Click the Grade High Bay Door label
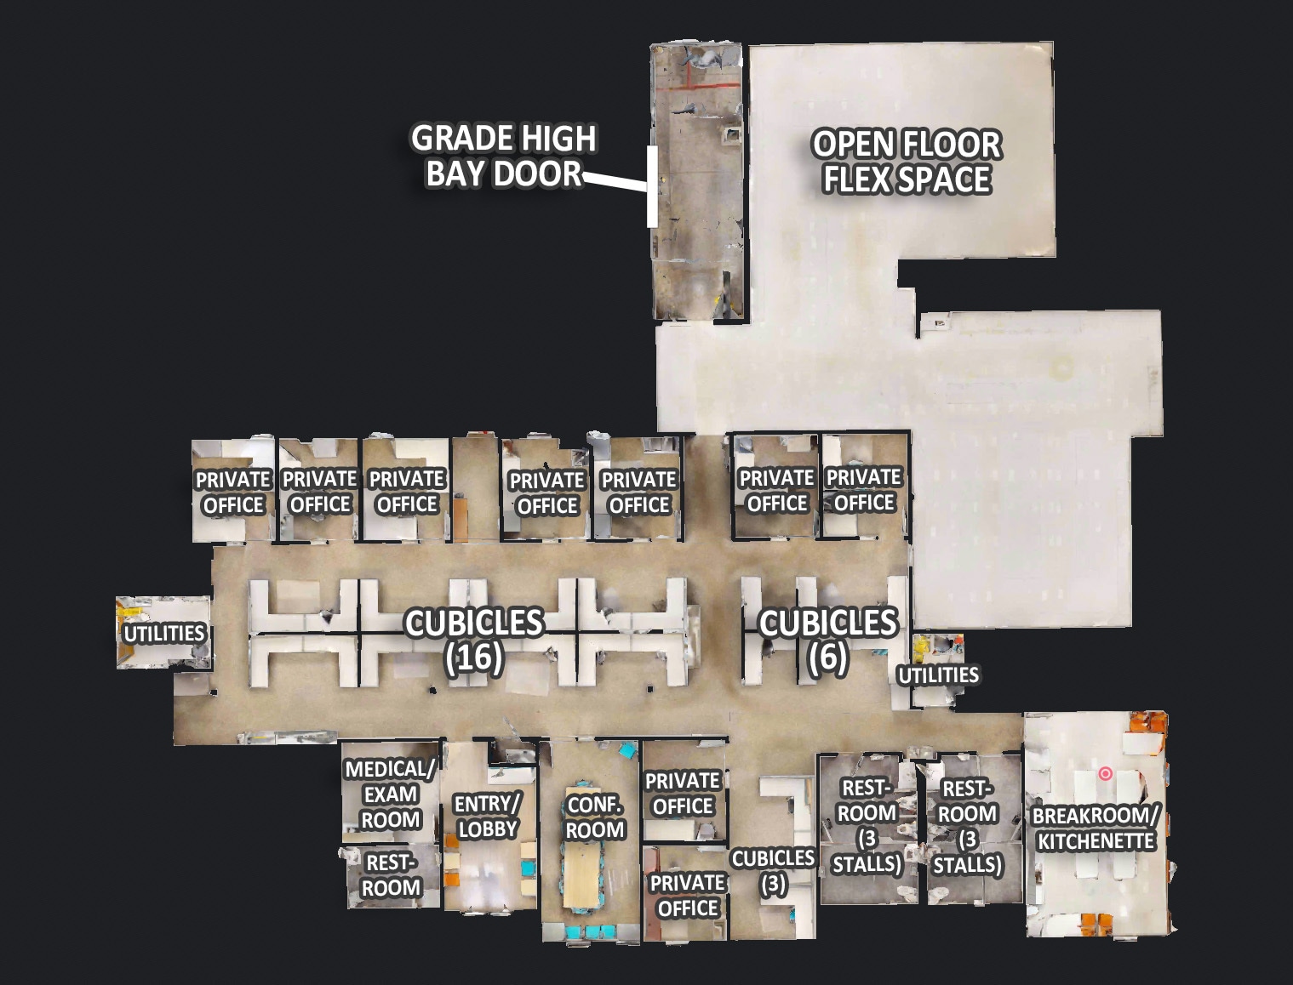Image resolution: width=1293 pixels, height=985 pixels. (503, 156)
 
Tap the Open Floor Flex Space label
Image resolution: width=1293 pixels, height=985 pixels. (907, 162)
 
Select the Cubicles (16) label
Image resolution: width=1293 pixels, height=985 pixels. (474, 640)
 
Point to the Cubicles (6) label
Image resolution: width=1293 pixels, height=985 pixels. (827, 640)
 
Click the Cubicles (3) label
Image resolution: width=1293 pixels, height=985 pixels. (773, 871)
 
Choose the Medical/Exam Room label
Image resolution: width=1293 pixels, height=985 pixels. (390, 794)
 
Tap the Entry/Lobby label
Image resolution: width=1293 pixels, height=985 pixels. (487, 817)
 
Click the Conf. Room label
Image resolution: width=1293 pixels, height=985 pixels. (595, 817)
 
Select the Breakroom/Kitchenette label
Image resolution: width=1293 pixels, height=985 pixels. (1095, 828)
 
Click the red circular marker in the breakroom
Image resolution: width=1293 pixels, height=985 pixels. (1105, 774)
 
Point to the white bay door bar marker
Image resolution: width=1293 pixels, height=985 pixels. (652, 186)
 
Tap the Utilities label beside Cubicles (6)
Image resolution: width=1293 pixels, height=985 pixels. (938, 675)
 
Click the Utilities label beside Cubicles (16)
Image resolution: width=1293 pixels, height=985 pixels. (164, 634)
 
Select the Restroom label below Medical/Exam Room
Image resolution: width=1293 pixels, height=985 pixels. (392, 875)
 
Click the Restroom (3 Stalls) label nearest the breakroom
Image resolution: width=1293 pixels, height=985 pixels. (966, 827)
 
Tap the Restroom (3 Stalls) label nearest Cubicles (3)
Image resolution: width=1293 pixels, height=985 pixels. (867, 827)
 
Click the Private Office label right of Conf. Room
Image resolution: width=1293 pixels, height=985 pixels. (683, 794)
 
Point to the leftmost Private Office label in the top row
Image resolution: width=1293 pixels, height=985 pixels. (233, 492)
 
